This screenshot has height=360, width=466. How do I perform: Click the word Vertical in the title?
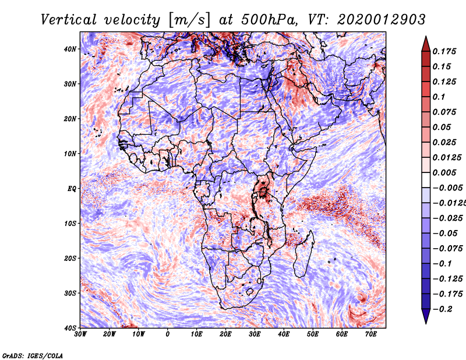pyautogui.click(x=69, y=20)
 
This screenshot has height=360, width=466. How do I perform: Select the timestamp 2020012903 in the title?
pyautogui.click(x=382, y=20)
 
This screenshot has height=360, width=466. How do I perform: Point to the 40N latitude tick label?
pyautogui.click(x=70, y=49)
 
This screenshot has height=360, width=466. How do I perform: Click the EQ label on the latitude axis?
pyautogui.click(x=72, y=189)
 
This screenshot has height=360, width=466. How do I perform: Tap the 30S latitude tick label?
pyautogui.click(x=70, y=293)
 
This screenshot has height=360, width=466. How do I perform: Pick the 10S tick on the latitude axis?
pyautogui.click(x=70, y=223)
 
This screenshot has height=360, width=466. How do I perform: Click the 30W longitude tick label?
pyautogui.click(x=80, y=334)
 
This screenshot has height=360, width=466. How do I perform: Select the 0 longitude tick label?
pyautogui.click(x=168, y=334)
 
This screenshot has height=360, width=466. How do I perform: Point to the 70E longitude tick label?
pyautogui.click(x=370, y=334)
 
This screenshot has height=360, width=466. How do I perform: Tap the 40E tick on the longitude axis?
pyautogui.click(x=284, y=334)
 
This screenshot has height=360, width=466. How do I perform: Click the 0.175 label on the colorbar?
pyautogui.click(x=444, y=51)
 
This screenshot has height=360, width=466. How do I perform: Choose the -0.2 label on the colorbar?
pyautogui.click(x=443, y=309)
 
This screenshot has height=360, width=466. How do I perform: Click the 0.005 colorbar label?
pyautogui.click(x=444, y=172)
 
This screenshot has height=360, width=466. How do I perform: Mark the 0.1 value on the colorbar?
pyautogui.click(x=439, y=97)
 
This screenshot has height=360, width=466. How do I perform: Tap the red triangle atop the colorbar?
pyautogui.click(x=426, y=44)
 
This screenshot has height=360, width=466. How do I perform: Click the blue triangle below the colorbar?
pyautogui.click(x=426, y=316)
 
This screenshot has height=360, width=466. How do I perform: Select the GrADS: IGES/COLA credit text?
pyautogui.click(x=33, y=356)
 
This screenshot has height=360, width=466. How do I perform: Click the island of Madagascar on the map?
pyautogui.click(x=303, y=255)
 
